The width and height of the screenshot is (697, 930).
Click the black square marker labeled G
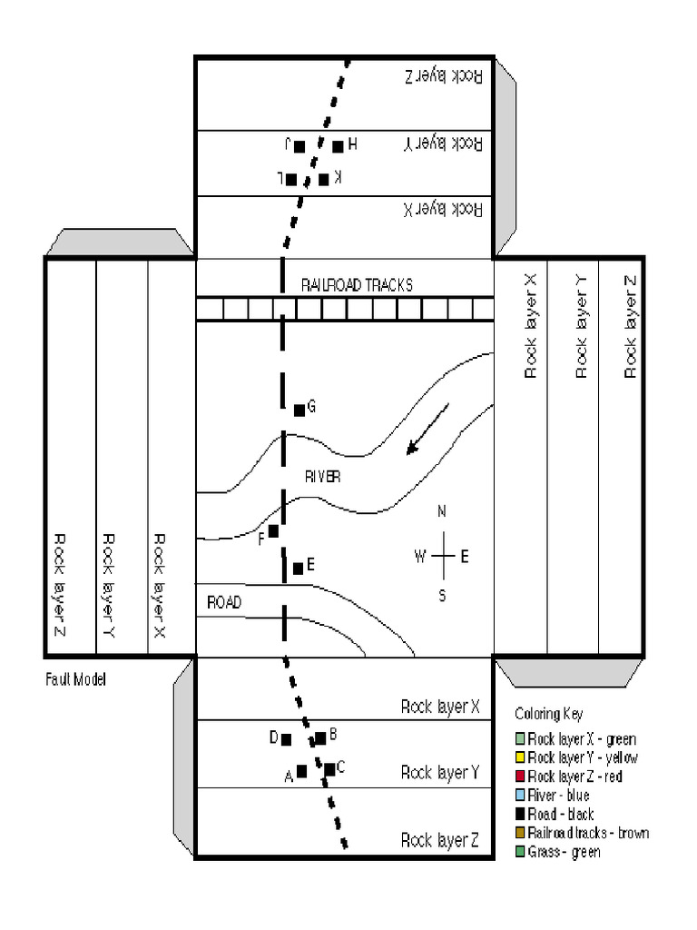pos(299,411)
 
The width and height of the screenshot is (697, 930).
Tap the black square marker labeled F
pos(273,530)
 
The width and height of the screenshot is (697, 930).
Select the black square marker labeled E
pos(298,569)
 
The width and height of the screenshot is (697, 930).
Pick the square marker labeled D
pos(287,739)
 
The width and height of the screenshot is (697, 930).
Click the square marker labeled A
pos(302,771)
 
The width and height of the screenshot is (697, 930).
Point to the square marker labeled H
pos(338,146)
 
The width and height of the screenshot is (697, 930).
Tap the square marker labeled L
pos(291,179)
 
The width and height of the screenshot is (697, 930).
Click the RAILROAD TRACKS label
pos(357,285)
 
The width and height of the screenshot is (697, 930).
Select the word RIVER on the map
pos(323,476)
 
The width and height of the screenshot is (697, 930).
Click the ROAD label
pos(224,601)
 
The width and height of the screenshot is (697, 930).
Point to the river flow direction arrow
pos(427,428)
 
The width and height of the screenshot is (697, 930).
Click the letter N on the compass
pos(442,512)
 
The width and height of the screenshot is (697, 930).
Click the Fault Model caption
pos(75,679)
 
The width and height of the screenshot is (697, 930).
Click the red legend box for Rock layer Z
pos(519,776)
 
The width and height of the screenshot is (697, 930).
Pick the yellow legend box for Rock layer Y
pos(519,757)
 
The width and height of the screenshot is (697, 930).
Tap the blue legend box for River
pos(519,795)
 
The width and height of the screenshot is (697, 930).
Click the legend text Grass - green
pos(564,852)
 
